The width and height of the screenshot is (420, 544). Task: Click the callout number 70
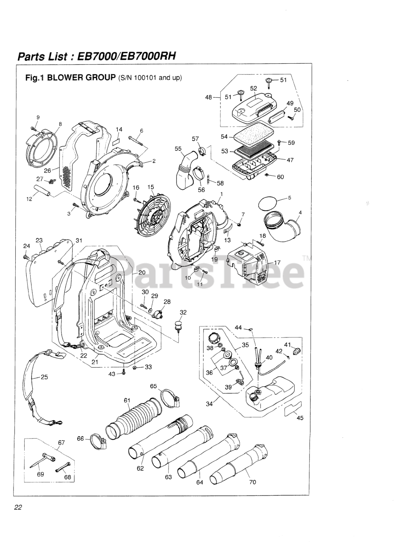(x=253, y=482)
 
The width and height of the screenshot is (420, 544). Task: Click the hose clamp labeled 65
(x=172, y=398)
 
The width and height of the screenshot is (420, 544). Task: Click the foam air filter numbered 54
(x=251, y=136)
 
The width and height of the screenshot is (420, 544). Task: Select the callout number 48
(x=209, y=97)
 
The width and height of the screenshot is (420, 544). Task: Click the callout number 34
(x=209, y=404)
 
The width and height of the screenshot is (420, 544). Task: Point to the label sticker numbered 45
(x=293, y=409)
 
